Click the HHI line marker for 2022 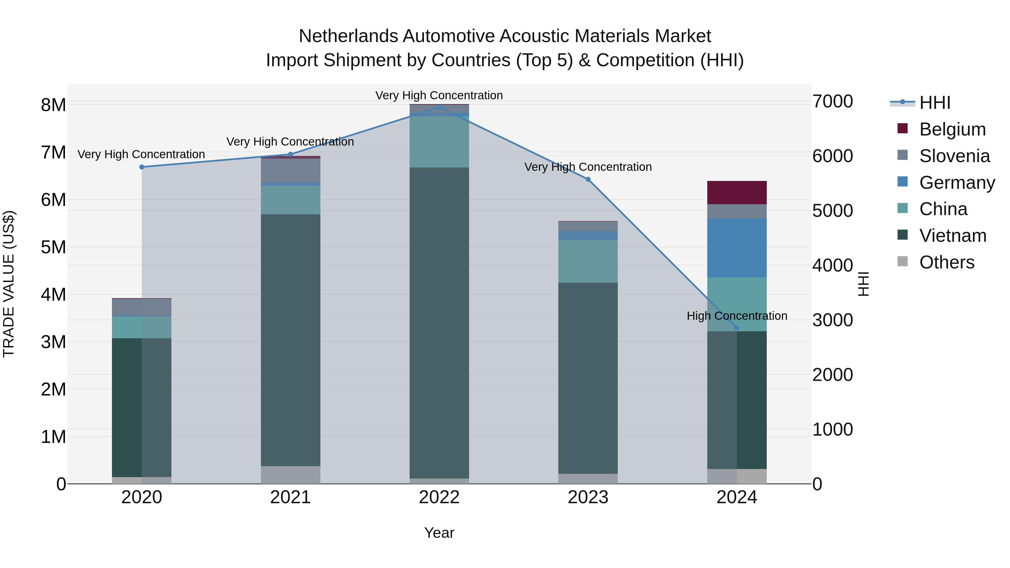tap(439, 107)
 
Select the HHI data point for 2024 tap(737, 328)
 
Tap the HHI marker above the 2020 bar tap(142, 167)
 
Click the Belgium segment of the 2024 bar tap(737, 192)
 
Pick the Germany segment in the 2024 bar tap(737, 248)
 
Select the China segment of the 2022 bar tap(439, 142)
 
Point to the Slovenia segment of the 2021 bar tap(291, 171)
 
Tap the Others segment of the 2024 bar tap(737, 476)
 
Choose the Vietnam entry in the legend tap(952, 236)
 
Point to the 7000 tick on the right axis tap(832, 102)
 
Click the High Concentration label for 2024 tap(737, 316)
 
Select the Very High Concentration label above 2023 tap(588, 167)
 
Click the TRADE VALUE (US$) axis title tap(9, 284)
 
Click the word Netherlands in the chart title tap(348, 36)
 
